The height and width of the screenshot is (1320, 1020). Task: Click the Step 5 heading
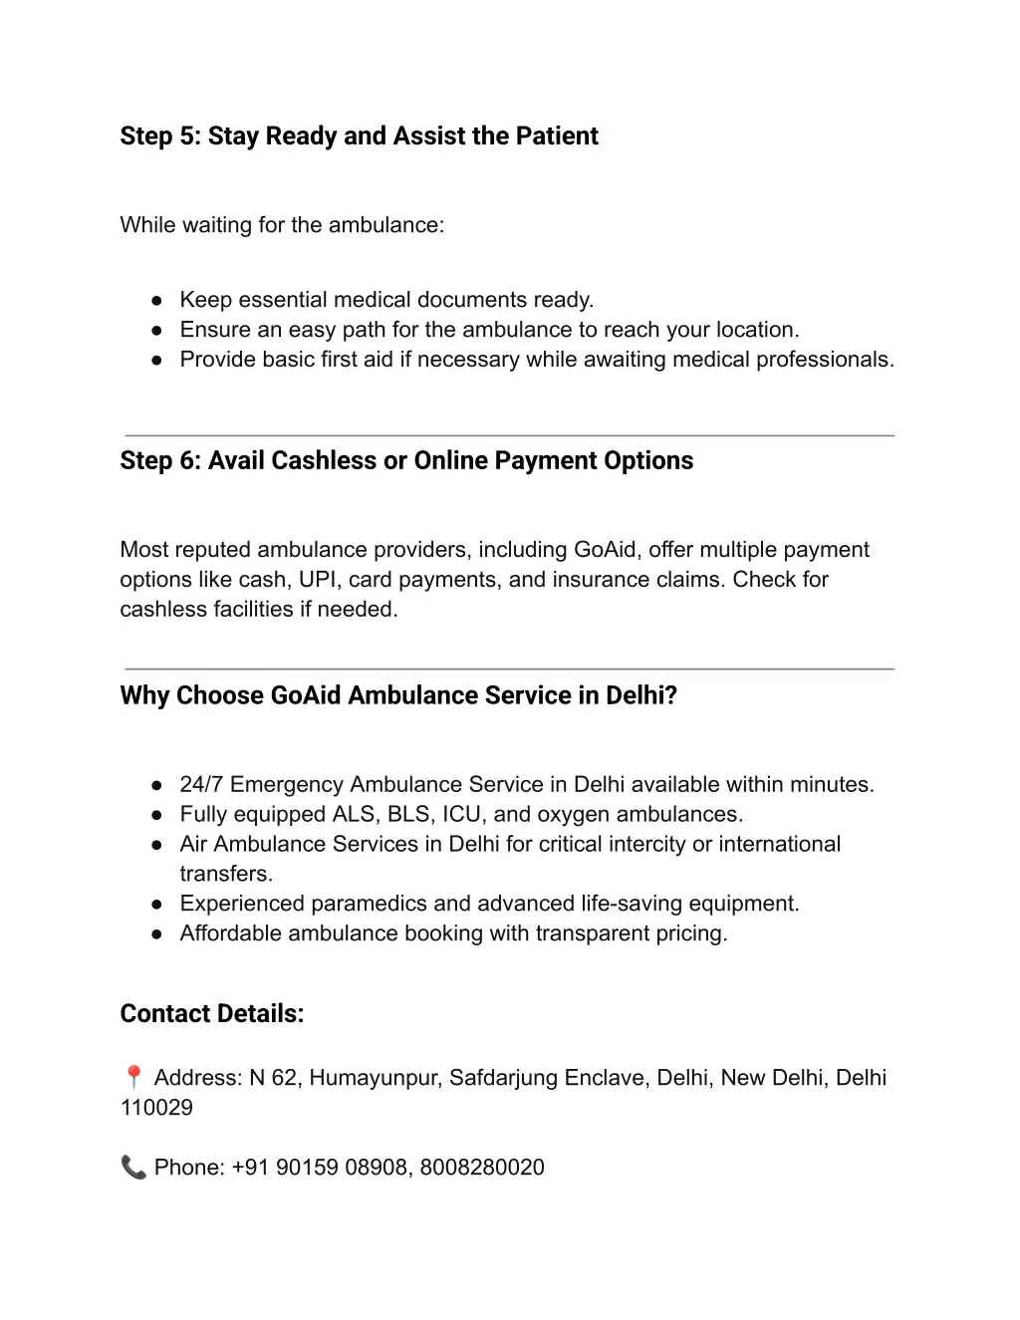click(x=359, y=136)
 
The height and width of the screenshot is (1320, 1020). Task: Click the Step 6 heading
click(x=406, y=461)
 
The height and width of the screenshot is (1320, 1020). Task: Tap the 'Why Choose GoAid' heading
click(x=398, y=695)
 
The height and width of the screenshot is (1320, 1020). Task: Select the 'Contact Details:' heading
click(x=212, y=1014)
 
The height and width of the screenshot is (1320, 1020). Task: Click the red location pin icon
click(x=133, y=1077)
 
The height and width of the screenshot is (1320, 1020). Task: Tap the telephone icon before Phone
click(x=133, y=1167)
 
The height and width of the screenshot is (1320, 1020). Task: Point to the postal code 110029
click(x=156, y=1108)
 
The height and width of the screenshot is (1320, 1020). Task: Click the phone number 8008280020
click(x=482, y=1168)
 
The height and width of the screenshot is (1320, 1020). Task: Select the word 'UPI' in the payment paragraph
click(x=318, y=580)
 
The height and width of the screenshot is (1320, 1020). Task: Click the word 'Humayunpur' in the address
click(x=374, y=1078)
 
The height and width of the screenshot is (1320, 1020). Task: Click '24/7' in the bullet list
click(x=201, y=785)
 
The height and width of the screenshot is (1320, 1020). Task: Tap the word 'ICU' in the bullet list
click(x=461, y=815)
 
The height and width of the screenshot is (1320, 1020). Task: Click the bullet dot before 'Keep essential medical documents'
click(x=156, y=301)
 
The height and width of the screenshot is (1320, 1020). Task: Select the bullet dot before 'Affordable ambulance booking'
click(x=156, y=934)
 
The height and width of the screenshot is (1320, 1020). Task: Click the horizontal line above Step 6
click(x=509, y=435)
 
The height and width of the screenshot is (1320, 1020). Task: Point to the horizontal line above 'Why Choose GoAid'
click(x=509, y=668)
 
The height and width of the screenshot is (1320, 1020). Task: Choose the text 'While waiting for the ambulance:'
click(x=282, y=225)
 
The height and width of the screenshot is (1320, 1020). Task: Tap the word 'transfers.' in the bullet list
click(x=226, y=875)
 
